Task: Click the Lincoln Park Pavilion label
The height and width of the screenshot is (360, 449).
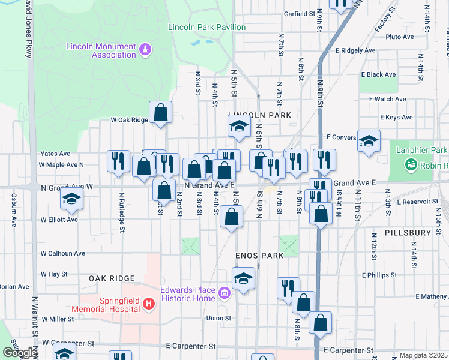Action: tap(207, 27)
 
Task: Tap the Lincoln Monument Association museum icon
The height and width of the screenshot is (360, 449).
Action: tap(145, 47)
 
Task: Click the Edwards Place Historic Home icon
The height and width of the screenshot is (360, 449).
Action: tap(224, 293)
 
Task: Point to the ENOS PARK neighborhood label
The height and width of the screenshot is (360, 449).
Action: tap(259, 256)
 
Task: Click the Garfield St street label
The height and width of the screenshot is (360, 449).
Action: tap(300, 13)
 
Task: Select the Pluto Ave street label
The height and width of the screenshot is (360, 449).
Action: tap(400, 37)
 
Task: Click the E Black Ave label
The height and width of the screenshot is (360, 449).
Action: tap(378, 74)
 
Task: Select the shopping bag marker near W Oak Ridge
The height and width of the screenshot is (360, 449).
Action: tap(161, 112)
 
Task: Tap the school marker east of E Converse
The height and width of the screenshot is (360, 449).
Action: tap(369, 141)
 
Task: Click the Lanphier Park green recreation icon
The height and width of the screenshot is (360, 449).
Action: tap(411, 163)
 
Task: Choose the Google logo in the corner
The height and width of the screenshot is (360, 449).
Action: tap(19, 353)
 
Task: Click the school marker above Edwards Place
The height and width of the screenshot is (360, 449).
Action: tap(243, 278)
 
